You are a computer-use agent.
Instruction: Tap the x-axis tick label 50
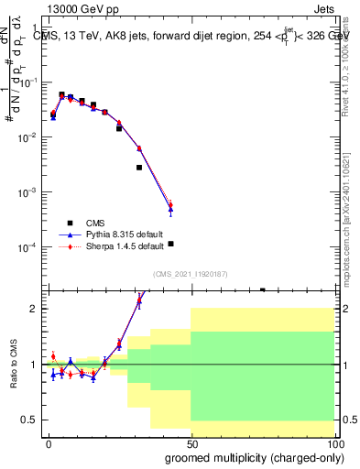click(191, 444)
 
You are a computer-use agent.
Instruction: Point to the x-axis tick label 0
click(49, 444)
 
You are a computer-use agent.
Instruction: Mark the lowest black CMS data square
click(171, 244)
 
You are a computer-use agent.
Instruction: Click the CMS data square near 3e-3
click(139, 168)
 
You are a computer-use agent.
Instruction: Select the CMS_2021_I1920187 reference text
click(190, 274)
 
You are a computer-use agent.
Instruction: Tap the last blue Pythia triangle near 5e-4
click(171, 210)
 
